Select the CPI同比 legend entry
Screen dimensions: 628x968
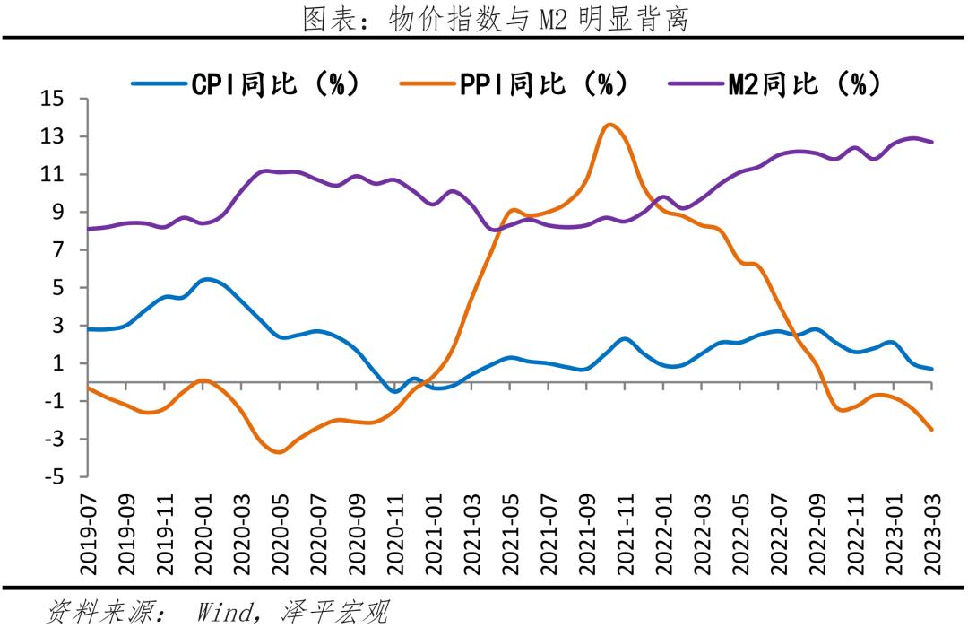(246, 84)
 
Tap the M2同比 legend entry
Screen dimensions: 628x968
(776, 84)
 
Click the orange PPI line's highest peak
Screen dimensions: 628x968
(610, 125)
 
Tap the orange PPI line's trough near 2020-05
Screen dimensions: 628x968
(279, 452)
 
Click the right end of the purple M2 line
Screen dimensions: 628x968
(932, 142)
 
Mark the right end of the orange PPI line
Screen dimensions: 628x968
(932, 430)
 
